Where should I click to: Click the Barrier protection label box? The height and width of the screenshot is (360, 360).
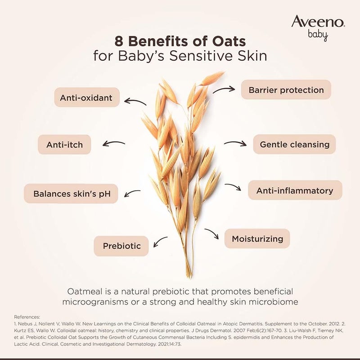coord(286,90)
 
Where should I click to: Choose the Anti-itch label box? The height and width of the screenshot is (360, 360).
coord(64,145)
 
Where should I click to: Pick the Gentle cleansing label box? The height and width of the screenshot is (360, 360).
coord(295,144)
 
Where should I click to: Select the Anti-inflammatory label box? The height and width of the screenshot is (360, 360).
coord(295,190)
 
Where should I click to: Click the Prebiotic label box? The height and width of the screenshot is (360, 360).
coord(121,246)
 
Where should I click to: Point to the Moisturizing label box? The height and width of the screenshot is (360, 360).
coord(257,238)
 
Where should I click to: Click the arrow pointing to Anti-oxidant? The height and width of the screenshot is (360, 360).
coord(135,102)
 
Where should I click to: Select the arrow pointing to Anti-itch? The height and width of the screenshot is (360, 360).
coord(114,144)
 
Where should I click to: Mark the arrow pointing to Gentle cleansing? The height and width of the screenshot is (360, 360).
coord(235,143)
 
